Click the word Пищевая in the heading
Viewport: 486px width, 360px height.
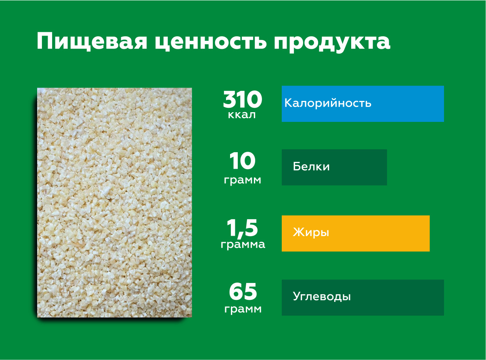pos(92,42)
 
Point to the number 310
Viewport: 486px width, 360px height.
pos(242,99)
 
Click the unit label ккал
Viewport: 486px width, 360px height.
pos(242,115)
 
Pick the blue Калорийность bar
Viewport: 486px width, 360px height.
pos(363,104)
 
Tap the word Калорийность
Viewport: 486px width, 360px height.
pos(328,103)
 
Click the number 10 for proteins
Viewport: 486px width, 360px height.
pos(242,161)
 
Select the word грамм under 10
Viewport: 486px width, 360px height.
pos(243,180)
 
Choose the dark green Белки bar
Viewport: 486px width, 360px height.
pos(334,167)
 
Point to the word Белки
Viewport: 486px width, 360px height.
pos(311,166)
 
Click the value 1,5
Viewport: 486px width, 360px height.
pos(242,228)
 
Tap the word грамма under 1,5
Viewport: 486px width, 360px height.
pos(243,245)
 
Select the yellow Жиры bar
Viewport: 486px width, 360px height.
pos(356,233)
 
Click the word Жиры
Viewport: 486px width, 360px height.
pos(311,233)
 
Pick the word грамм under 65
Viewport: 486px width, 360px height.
pos(243,310)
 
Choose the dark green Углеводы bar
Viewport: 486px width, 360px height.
pos(363,297)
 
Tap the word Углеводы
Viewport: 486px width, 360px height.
pos(322,297)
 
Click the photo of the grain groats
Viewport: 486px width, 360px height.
pos(114,203)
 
